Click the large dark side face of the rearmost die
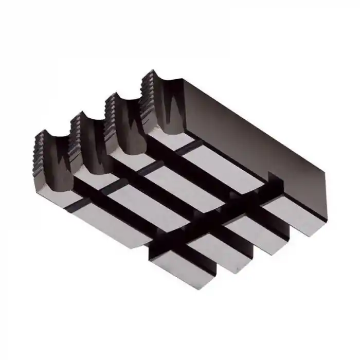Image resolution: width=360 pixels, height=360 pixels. (257, 129)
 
